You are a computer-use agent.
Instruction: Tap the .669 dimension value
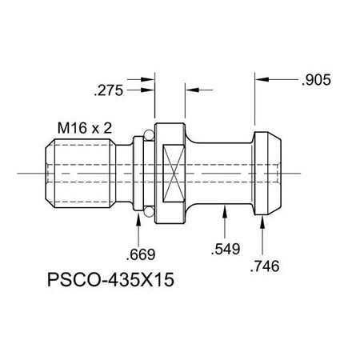pyautogui.click(x=141, y=255)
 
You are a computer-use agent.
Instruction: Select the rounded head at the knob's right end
pyautogui.click(x=268, y=172)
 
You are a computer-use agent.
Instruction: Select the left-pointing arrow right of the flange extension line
pyautogui.click(x=190, y=91)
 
